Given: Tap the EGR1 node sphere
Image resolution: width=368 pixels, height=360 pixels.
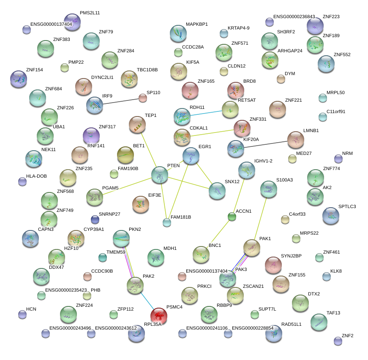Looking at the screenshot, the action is (x=191, y=156).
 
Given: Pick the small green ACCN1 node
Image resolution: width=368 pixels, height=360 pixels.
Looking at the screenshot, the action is (x=232, y=217).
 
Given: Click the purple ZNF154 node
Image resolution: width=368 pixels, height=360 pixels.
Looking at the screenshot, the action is (x=18, y=79).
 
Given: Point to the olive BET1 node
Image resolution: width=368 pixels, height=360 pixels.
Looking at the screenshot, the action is (x=125, y=155).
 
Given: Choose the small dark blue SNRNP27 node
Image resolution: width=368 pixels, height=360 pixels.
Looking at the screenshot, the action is (x=95, y=219).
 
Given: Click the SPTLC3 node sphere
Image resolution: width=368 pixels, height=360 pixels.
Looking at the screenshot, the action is (x=330, y=215).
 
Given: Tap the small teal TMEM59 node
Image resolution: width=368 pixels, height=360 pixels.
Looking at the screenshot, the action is (x=103, y=257).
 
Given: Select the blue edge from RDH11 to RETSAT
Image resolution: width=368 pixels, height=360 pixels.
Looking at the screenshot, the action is (x=206, y=113).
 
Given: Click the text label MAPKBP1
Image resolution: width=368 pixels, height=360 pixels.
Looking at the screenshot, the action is (x=197, y=24).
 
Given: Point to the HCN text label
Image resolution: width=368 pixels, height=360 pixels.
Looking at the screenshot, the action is (x=31, y=309).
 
